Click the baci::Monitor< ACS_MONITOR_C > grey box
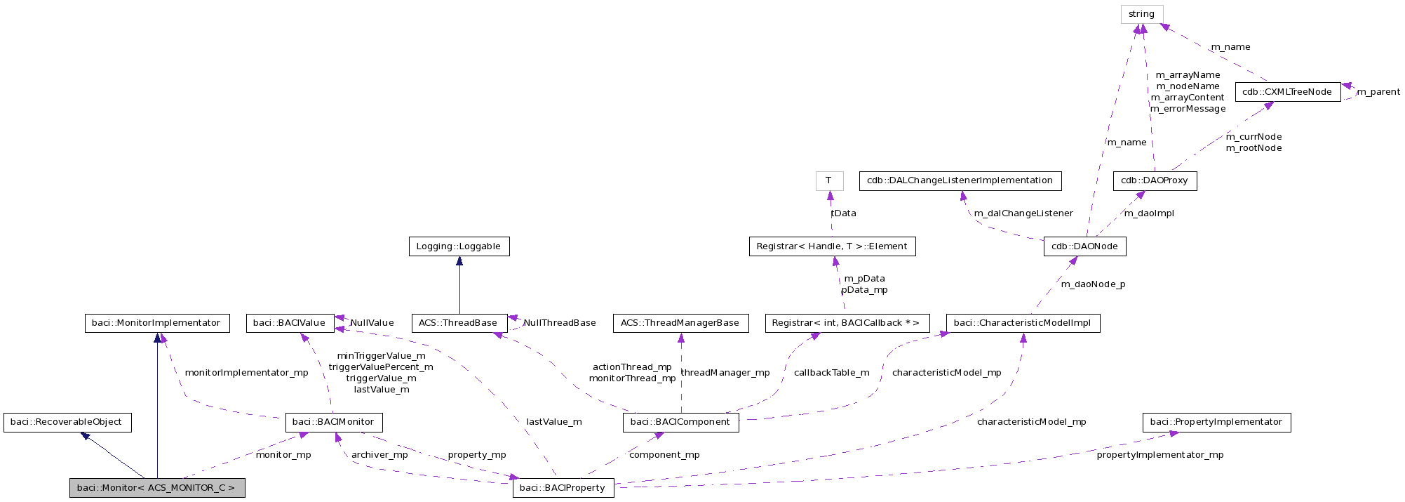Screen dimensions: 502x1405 point(157,487)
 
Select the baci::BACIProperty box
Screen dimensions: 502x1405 point(563,487)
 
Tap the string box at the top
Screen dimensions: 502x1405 point(1141,14)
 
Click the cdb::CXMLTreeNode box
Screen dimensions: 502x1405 point(1287,92)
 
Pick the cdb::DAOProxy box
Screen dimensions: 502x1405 point(1154,180)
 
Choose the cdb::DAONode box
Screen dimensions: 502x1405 point(1084,246)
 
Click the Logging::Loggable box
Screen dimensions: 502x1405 point(459,246)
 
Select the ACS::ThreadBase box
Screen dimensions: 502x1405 point(458,323)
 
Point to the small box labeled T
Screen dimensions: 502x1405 point(828,180)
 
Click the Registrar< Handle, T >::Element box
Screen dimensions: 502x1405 point(831,246)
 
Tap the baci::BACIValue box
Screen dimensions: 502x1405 point(290,323)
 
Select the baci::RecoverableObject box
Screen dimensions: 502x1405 point(67,422)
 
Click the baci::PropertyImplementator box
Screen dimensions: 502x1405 point(1216,422)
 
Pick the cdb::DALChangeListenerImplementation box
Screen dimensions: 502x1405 point(960,180)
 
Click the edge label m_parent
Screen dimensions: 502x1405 point(1378,92)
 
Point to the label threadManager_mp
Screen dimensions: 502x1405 point(725,373)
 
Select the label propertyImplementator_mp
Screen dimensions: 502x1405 point(1159,455)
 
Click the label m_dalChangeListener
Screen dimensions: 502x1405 point(1023,213)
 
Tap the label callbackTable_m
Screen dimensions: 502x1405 point(831,373)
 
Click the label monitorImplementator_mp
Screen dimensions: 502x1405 point(246,373)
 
